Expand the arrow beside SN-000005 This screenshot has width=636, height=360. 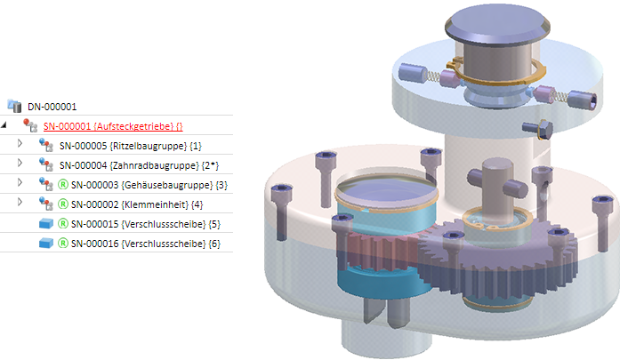[x=20, y=144]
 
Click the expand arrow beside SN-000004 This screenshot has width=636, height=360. [x=20, y=164]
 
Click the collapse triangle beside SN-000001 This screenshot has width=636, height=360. [x=4, y=126]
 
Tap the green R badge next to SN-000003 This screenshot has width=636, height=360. [x=62, y=185]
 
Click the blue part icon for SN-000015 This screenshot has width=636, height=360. [x=45, y=224]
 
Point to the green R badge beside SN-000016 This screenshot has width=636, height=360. [x=62, y=244]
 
